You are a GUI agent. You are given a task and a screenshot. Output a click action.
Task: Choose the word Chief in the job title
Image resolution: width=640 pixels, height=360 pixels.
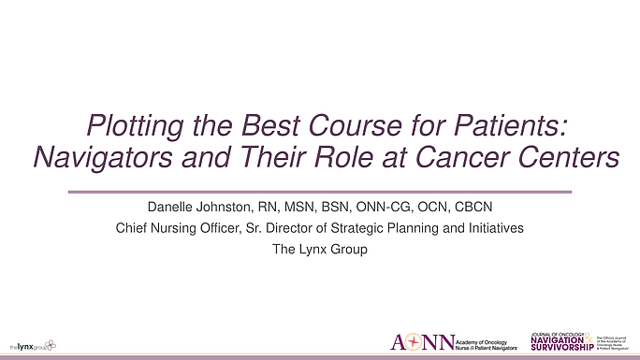(132, 228)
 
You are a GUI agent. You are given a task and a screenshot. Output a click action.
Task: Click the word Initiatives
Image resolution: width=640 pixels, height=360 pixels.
(492, 228)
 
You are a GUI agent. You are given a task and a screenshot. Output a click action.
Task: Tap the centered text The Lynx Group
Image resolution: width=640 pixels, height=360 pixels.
(319, 249)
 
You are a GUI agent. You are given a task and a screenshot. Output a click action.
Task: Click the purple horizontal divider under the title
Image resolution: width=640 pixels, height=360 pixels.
(319, 191)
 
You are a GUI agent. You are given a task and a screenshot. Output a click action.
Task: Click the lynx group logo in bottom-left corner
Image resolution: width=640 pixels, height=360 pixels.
(31, 345)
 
